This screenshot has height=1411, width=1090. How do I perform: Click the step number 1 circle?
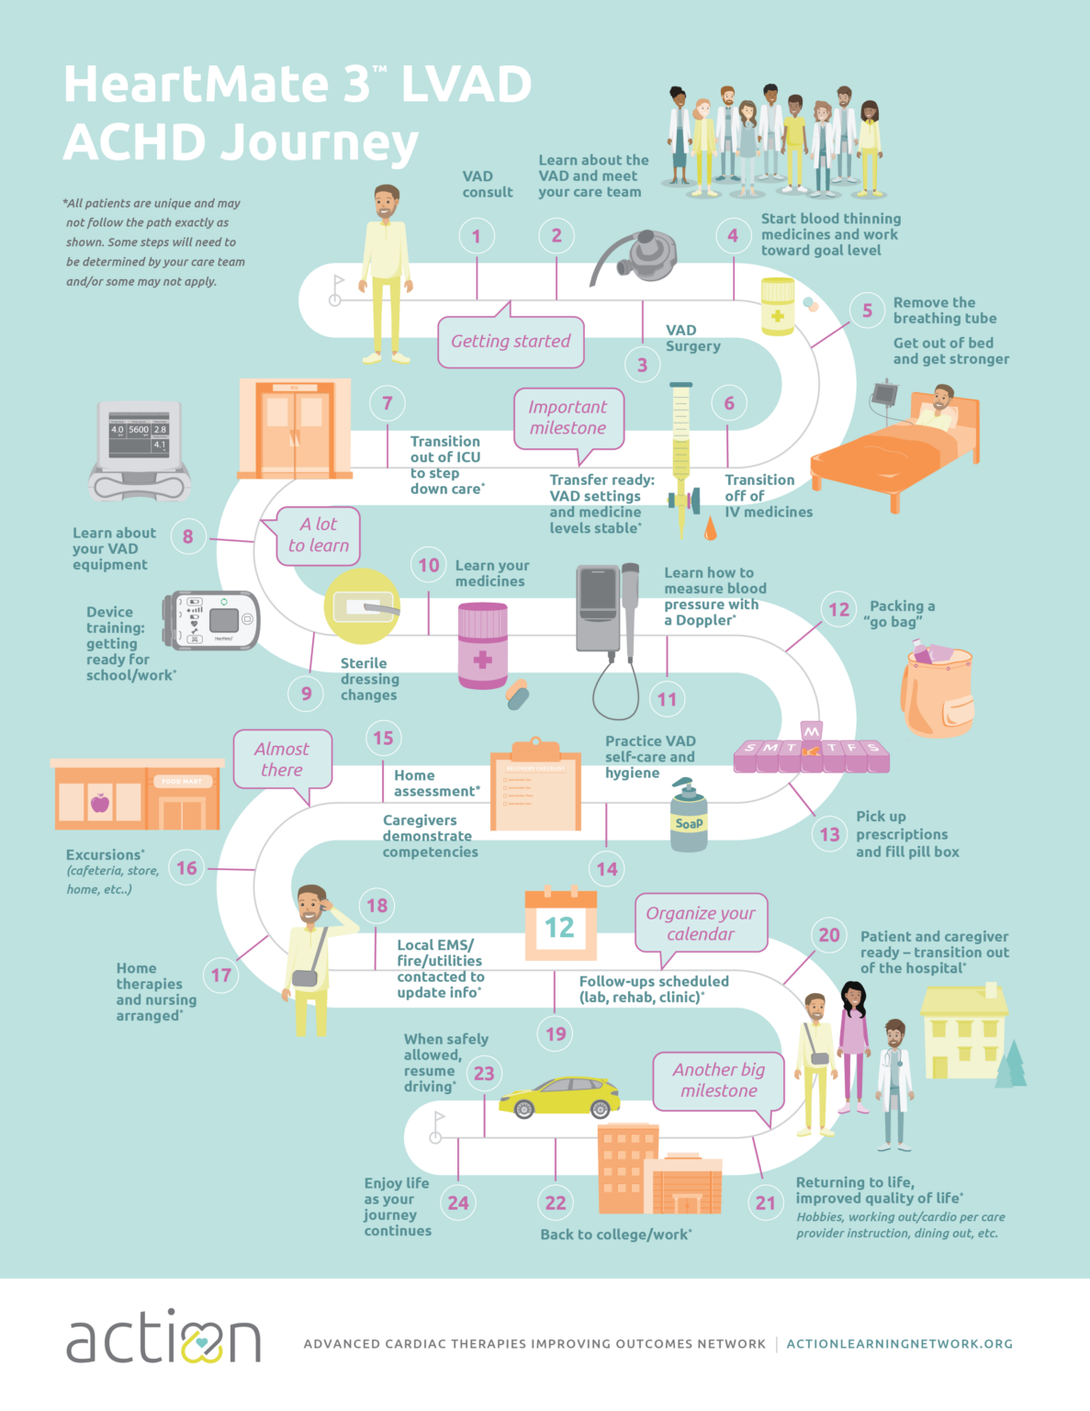click(477, 236)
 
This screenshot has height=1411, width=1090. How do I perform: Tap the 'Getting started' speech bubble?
click(511, 342)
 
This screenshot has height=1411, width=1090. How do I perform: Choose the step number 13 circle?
click(829, 834)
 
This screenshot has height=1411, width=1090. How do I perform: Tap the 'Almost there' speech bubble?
click(282, 760)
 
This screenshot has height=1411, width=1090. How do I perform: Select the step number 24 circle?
click(457, 1202)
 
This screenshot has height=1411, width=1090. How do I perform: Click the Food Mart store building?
click(138, 796)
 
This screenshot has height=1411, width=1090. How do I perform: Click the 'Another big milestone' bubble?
click(718, 1080)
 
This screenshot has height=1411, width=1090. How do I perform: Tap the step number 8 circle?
click(188, 536)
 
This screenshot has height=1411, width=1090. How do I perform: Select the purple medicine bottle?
click(483, 646)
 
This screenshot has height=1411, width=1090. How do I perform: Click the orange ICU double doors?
click(295, 428)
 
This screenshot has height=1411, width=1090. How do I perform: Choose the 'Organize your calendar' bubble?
click(701, 923)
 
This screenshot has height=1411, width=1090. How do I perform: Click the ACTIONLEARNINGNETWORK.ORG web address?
click(899, 1344)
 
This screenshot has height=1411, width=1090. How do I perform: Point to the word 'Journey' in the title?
click(241, 143)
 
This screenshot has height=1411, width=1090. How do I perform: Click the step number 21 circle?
click(765, 1202)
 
